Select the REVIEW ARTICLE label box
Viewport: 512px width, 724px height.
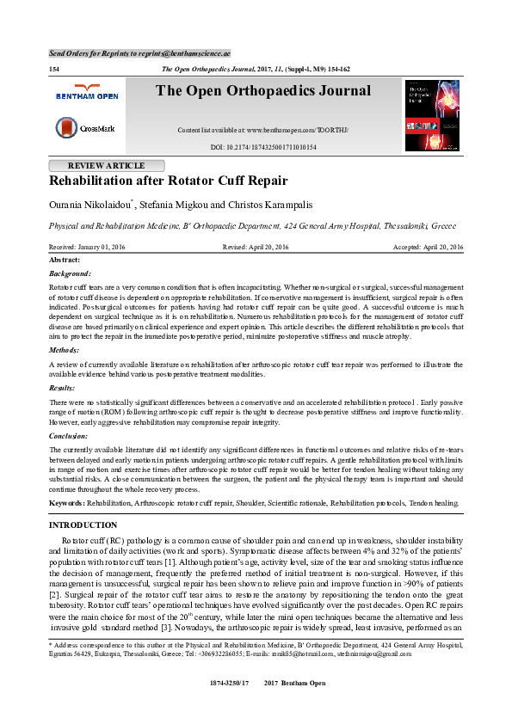point(106,166)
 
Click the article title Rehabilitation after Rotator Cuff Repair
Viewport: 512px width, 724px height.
point(168,181)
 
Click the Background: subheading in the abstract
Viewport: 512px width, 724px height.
point(70,273)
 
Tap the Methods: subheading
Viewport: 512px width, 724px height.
point(65,351)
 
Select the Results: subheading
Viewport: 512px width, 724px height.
point(64,389)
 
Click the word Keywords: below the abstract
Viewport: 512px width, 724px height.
point(66,502)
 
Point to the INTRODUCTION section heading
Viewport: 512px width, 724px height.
point(83,525)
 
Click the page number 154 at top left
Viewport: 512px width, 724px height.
point(53,69)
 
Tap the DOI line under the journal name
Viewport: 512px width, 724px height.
point(263,148)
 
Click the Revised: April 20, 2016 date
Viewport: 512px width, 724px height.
point(256,247)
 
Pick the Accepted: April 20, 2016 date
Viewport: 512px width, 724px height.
point(428,247)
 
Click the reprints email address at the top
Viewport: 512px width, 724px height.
point(200,53)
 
